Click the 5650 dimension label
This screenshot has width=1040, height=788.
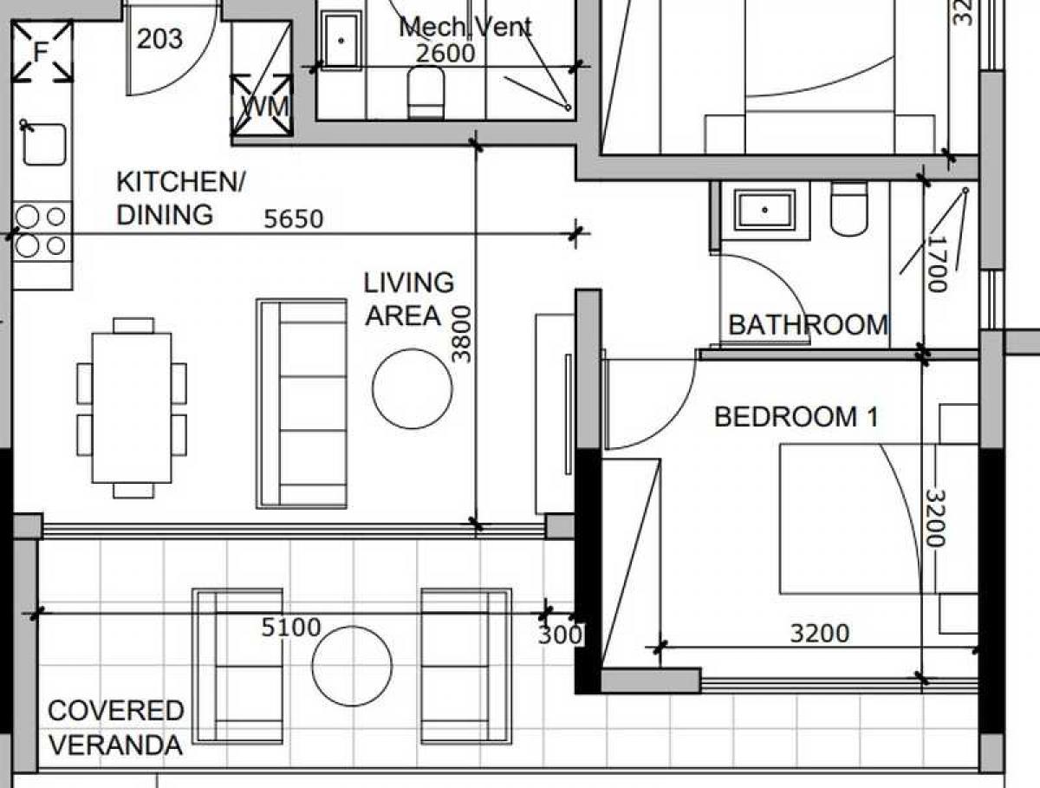(293, 219)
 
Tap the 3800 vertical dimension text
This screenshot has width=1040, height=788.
(461, 335)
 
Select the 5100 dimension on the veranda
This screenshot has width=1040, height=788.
(291, 628)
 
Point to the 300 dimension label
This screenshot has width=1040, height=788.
(560, 635)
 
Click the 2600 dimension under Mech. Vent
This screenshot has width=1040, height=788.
(445, 54)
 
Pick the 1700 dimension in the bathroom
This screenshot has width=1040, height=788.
(936, 264)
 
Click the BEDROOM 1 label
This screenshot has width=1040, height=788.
(796, 417)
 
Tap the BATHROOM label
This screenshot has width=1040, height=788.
(808, 325)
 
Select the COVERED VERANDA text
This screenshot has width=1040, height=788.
(116, 728)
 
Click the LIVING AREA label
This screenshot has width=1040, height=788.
(409, 299)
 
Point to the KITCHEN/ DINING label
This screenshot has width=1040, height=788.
(181, 198)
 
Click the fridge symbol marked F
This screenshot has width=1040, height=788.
(42, 51)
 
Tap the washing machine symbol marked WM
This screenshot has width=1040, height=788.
(262, 105)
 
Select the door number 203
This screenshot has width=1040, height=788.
(159, 39)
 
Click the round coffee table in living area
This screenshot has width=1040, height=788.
(413, 389)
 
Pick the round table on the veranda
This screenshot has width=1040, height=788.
(352, 667)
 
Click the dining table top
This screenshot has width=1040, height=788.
(132, 408)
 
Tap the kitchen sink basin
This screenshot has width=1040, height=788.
(44, 144)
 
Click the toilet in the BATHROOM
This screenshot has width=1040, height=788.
(849, 209)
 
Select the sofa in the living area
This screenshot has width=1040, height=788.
(302, 404)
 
